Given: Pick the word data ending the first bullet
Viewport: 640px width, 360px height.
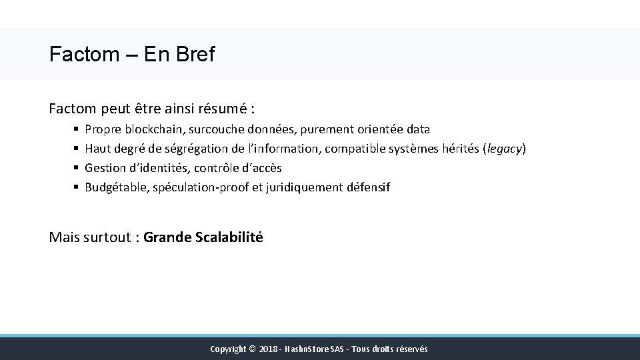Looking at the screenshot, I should (417, 129).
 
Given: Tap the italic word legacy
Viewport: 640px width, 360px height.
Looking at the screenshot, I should (505, 149).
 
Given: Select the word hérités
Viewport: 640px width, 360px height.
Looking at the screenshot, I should (460, 149).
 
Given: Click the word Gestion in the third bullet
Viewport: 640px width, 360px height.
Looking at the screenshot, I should (105, 168).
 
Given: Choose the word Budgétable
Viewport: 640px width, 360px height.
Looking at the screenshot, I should (115, 187).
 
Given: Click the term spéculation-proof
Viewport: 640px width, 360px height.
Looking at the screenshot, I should (201, 187).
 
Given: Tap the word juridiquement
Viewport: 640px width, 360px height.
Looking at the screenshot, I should (304, 187).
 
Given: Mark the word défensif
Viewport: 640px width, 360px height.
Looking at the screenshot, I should (368, 187).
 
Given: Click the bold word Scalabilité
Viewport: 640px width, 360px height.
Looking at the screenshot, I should (229, 237).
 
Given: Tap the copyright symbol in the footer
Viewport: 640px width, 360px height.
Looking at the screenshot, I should (252, 349).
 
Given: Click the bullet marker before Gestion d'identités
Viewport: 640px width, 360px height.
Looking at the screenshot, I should (77, 168).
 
